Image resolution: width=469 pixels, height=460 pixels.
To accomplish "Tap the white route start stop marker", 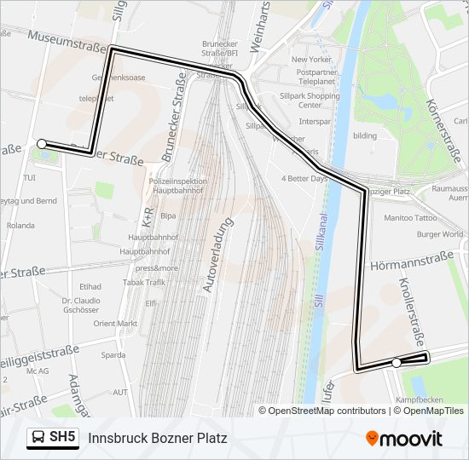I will pyautogui.click(x=42, y=144).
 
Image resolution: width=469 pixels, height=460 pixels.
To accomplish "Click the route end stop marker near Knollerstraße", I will pyautogui.click(x=397, y=363).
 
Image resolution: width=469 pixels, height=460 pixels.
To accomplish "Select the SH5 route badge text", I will pyautogui.click(x=62, y=437).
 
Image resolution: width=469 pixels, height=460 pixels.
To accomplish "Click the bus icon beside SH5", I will pyautogui.click(x=38, y=438).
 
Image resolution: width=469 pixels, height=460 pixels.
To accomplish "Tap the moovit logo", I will pyautogui.click(x=404, y=439).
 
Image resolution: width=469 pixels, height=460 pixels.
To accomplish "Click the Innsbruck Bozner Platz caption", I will pyautogui.click(x=158, y=438).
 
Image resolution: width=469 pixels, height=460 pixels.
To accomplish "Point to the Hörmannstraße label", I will pyautogui.click(x=411, y=266).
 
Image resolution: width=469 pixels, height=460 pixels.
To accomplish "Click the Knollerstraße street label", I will pyautogui.click(x=413, y=311).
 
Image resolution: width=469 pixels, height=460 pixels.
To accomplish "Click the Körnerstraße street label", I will pyautogui.click(x=449, y=128).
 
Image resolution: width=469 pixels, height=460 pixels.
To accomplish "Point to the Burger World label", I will pyautogui.click(x=439, y=234).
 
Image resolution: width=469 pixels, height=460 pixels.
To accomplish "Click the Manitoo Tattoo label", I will pyautogui.click(x=410, y=218).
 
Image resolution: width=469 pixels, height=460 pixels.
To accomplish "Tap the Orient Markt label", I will pyautogui.click(x=115, y=324).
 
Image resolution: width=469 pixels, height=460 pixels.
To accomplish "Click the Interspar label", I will pyautogui.click(x=315, y=122).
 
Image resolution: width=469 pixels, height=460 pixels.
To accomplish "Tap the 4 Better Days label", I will pyautogui.click(x=304, y=179).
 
